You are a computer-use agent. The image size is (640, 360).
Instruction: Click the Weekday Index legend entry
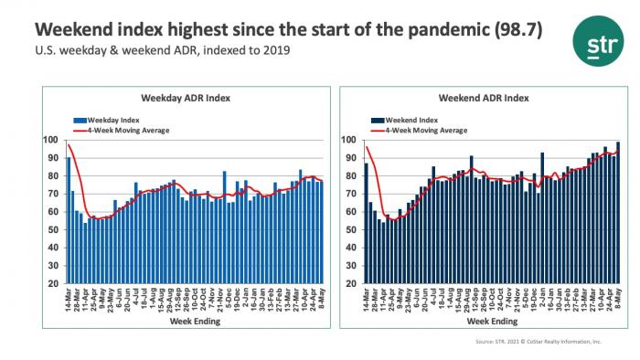click(112, 119)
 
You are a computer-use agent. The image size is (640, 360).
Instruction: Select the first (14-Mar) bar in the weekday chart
click(69, 220)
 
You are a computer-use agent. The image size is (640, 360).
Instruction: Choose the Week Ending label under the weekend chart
click(492, 323)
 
